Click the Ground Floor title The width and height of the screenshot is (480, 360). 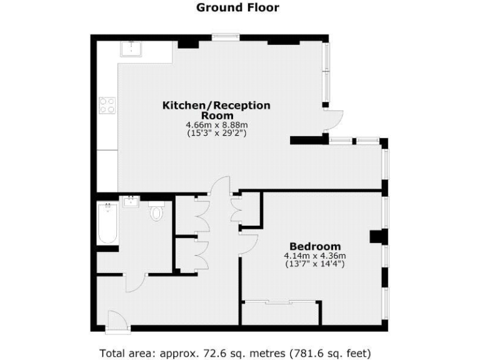[x=237, y=8]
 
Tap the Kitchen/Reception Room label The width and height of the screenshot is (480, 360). [x=217, y=110]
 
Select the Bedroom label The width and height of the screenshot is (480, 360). [x=315, y=246]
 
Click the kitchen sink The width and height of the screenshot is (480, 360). [x=131, y=49]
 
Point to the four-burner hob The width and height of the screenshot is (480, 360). [x=107, y=104]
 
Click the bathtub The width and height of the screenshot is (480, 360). [x=107, y=223]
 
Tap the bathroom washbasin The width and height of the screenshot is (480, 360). [x=132, y=201]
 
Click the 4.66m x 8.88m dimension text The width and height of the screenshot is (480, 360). [x=217, y=125]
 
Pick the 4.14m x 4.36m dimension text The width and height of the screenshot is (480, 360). [x=315, y=256]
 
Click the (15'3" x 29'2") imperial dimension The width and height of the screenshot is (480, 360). [x=217, y=133]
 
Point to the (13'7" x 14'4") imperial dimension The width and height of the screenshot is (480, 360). [x=315, y=264]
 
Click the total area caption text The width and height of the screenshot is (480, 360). [x=239, y=352]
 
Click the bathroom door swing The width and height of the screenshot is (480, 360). [x=136, y=282]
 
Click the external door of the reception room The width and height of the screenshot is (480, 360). [x=334, y=119]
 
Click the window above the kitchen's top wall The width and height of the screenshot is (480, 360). [x=225, y=37]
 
